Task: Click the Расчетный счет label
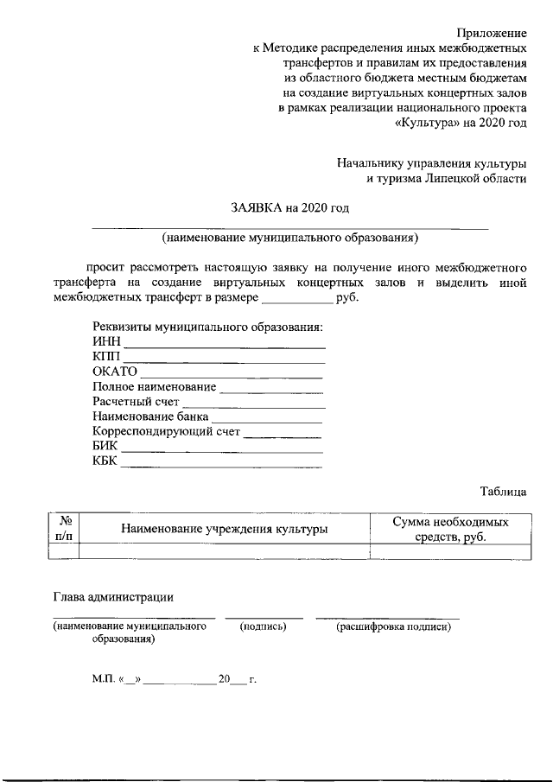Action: click(x=136, y=402)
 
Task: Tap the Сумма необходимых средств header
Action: click(x=450, y=529)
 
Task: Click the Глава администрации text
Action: click(x=113, y=596)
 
